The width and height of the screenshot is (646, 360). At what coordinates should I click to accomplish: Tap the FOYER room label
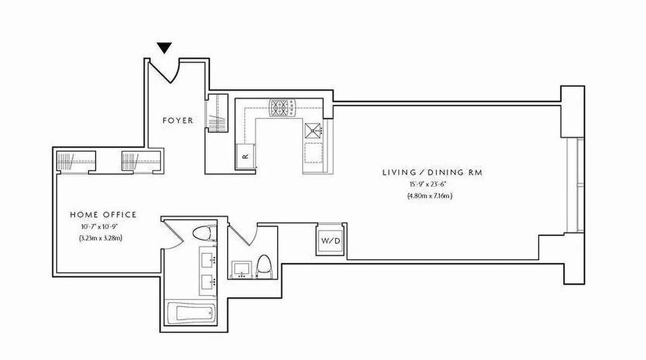[177, 121]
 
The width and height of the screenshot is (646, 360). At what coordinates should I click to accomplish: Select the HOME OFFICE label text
[103, 215]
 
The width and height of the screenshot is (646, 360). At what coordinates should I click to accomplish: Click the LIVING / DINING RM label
[432, 172]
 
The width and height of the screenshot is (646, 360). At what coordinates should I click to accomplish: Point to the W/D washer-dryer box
[330, 240]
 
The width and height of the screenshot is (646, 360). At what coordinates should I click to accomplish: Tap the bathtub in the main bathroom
[191, 313]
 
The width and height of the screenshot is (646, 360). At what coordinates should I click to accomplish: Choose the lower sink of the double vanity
[208, 282]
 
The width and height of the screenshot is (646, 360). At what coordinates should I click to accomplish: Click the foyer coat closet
[217, 115]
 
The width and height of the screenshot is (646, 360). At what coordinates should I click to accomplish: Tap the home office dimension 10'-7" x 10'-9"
[103, 227]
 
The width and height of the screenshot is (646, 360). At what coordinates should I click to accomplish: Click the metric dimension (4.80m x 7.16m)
[429, 196]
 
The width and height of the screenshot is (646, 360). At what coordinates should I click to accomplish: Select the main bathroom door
[173, 235]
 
